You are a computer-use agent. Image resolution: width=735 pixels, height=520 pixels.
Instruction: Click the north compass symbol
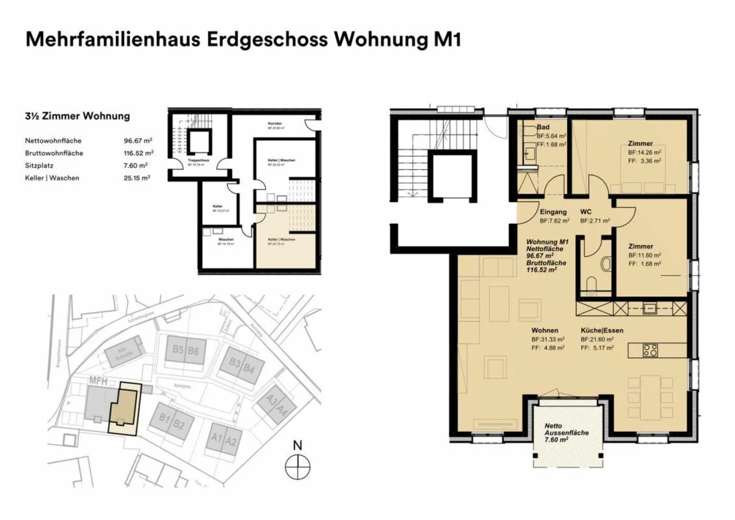[298, 466]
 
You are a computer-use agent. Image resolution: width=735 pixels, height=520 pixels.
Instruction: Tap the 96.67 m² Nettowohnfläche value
[138, 140]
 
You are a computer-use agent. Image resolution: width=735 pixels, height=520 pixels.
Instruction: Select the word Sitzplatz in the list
[39, 166]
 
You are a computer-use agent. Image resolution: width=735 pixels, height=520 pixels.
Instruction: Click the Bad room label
[543, 127]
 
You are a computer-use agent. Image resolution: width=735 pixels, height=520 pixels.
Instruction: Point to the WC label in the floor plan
[586, 212]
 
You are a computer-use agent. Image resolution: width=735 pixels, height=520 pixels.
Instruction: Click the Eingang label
[553, 212]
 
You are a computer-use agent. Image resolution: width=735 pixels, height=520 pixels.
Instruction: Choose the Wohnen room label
[545, 330]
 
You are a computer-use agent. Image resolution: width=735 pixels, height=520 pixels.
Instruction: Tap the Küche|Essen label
[602, 330]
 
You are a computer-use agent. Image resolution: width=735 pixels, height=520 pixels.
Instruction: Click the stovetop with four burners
[650, 350]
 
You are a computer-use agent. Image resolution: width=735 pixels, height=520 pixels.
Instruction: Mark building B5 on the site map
[178, 350]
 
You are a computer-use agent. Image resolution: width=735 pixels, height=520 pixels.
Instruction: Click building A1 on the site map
[217, 438]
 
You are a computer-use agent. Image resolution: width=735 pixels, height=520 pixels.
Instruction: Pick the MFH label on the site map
[97, 381]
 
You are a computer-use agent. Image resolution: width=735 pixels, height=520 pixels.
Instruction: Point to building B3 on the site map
[234, 362]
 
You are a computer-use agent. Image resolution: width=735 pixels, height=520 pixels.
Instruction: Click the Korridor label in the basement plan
[275, 124]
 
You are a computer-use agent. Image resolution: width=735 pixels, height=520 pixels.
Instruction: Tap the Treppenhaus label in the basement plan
[198, 160]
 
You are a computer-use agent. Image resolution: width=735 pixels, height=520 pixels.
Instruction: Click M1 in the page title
[447, 39]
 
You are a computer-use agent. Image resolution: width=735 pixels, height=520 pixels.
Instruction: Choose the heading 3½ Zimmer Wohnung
[78, 116]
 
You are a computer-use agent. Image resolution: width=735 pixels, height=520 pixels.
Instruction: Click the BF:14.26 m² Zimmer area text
[645, 152]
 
